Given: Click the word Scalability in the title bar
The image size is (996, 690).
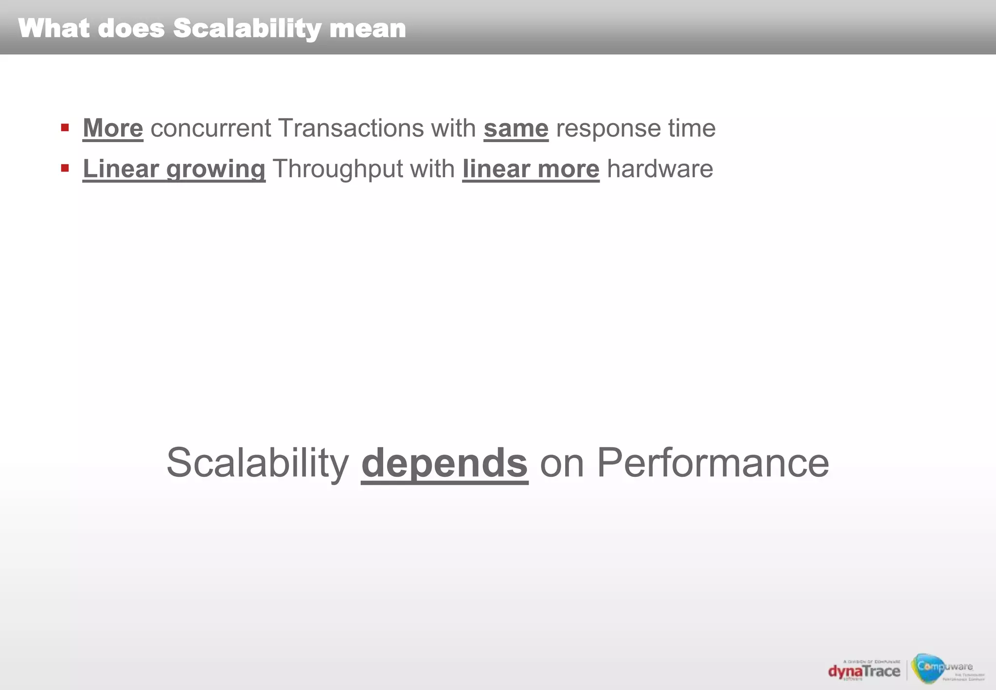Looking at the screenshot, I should point(247,28).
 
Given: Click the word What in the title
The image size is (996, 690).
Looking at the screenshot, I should point(54,28).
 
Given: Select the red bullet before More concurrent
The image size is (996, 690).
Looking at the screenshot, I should point(65,128).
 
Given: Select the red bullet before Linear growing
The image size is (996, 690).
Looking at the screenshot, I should point(65,168).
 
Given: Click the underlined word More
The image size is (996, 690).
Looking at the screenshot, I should point(113,128).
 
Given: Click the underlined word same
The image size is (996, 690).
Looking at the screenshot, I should point(516,128).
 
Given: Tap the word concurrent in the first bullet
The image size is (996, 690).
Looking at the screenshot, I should point(211,128).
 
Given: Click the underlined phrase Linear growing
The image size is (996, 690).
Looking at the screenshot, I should point(174,169).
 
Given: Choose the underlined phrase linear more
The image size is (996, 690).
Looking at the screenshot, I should point(531,169).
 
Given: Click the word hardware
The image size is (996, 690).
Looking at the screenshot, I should point(660,169).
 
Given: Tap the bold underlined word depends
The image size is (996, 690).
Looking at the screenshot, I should point(445,463).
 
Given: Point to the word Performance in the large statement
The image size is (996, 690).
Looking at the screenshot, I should point(712,463).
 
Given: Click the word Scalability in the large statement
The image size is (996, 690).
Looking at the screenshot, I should point(258,463).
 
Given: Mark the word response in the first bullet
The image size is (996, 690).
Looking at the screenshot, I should point(608,128).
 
